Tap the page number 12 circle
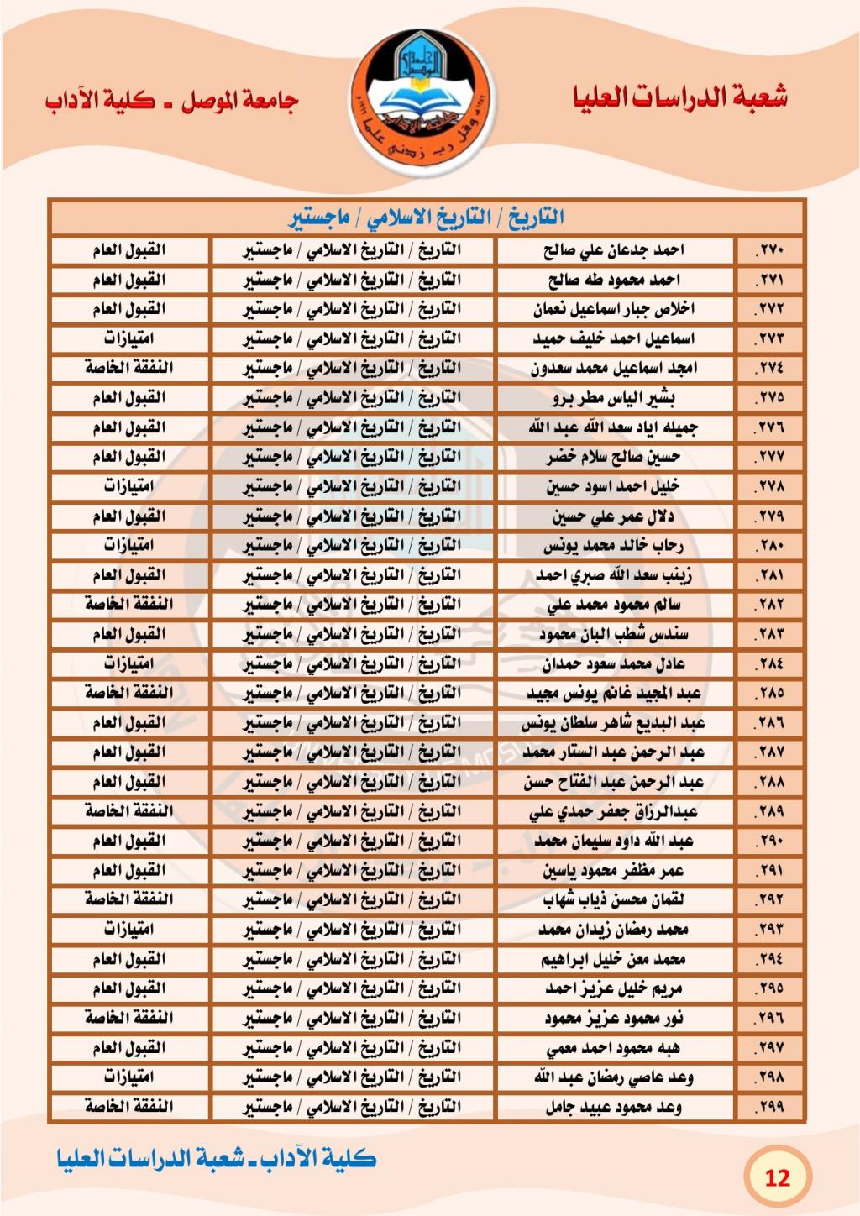777,1177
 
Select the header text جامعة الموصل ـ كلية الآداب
172,101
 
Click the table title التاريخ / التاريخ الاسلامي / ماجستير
427,218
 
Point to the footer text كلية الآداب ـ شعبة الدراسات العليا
217,1159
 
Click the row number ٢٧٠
768,250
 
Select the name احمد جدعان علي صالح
614,250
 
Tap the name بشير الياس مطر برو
614,398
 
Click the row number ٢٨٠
768,546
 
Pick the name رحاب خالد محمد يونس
614,546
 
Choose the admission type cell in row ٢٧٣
128,339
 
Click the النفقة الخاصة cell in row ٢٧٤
128,369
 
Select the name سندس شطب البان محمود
614,634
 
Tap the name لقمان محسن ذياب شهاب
614,900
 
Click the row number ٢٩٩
768,1107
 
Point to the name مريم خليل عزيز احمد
614,988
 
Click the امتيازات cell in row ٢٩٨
128,1077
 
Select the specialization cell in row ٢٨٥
353,694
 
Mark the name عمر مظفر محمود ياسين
614,871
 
